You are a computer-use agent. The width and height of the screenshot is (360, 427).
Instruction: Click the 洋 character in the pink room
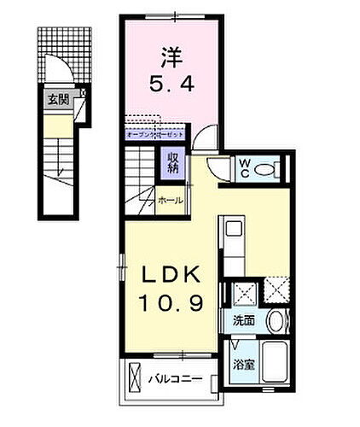(171, 56)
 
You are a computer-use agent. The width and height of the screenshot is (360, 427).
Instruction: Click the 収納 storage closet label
(172, 161)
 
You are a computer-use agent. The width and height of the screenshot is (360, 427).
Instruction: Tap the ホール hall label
(171, 200)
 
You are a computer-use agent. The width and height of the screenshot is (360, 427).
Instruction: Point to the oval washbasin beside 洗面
(274, 322)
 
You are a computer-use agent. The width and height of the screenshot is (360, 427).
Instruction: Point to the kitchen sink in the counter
(232, 230)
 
